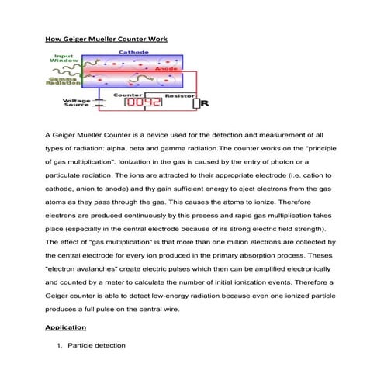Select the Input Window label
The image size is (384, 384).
[x=64, y=58]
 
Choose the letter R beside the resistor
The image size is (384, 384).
[x=205, y=102]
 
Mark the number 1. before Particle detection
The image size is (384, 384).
[x=60, y=344]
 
